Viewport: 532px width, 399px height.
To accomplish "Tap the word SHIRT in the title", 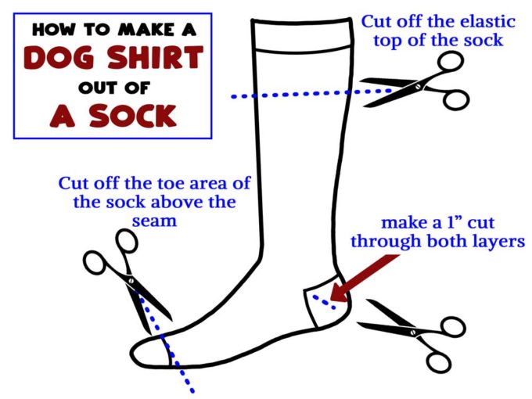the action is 155,57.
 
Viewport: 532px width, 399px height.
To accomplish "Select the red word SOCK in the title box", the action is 133,116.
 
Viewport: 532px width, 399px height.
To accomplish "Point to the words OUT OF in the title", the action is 114,88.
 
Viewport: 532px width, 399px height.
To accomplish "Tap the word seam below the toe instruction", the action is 154,221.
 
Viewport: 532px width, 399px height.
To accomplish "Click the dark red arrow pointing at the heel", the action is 365,279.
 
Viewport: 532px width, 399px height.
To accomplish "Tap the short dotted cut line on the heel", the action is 325,302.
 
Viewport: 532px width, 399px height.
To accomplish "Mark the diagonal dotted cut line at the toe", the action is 166,344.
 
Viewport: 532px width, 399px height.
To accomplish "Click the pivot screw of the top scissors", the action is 418,87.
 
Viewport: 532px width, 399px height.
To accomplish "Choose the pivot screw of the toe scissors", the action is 131,281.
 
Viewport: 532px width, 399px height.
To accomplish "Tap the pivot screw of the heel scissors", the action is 413,332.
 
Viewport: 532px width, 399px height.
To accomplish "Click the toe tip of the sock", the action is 131,352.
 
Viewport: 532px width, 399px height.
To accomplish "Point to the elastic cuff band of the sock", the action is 302,34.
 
